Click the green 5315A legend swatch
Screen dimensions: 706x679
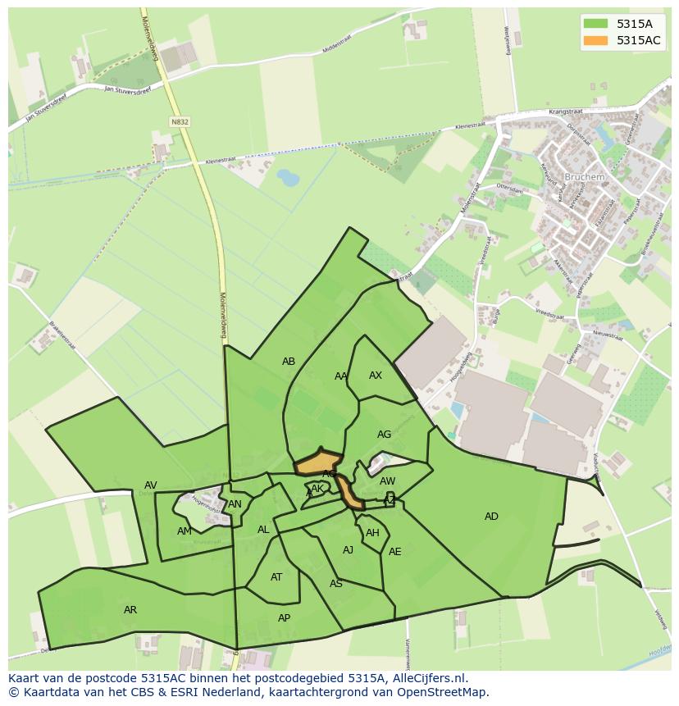(x=595, y=23)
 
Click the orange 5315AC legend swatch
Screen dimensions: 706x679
(x=595, y=40)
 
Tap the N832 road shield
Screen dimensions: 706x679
(x=180, y=121)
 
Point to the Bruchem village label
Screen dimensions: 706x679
(x=584, y=176)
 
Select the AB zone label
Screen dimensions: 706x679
(x=289, y=362)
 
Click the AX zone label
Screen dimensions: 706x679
(x=376, y=376)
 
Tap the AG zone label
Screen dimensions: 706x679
(x=384, y=435)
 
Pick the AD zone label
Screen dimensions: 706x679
(x=491, y=517)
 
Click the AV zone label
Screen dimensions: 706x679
(x=151, y=485)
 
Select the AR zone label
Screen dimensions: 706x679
(x=130, y=610)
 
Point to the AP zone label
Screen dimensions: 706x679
(x=284, y=618)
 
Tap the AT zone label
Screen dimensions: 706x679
(x=276, y=577)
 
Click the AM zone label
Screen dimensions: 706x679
(x=184, y=531)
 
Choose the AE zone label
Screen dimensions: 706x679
(x=395, y=552)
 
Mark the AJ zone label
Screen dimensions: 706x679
(x=349, y=550)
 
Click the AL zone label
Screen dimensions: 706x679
(x=263, y=530)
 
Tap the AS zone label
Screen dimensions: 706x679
(x=335, y=584)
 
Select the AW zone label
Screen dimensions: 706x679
(x=388, y=481)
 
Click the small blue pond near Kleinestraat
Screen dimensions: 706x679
(x=288, y=177)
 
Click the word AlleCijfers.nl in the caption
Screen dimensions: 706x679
(x=427, y=678)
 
